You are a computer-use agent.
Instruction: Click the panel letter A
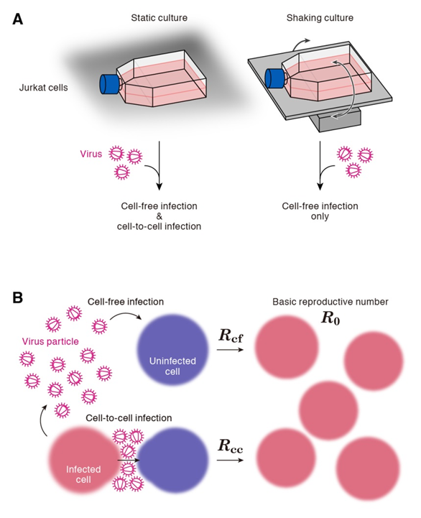pos(18,19)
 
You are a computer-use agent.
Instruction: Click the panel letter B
pos(18,297)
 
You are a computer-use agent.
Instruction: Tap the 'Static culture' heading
pos(159,18)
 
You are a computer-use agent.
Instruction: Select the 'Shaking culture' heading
pos(320,18)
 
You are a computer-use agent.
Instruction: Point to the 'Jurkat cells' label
pos(43,88)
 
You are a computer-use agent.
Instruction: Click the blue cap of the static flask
pos(109,84)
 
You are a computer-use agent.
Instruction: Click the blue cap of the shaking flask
pos(274,78)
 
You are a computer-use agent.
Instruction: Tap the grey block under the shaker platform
pos(336,121)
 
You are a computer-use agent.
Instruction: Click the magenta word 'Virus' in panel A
pos(91,154)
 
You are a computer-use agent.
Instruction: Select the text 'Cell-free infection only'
pos(320,211)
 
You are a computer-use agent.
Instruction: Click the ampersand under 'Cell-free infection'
pos(159,216)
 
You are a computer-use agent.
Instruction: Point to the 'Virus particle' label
pos(50,341)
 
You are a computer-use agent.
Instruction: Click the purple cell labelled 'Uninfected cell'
pos(172,350)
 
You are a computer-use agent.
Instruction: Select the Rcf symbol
pos(231,336)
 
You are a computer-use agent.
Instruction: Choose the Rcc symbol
pos(231,445)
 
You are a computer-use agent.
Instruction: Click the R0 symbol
pos(330,318)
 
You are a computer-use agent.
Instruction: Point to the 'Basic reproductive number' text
pos(330,302)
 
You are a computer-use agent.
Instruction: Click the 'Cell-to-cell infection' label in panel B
pos(129,418)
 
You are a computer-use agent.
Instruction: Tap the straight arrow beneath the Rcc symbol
pos(231,460)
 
